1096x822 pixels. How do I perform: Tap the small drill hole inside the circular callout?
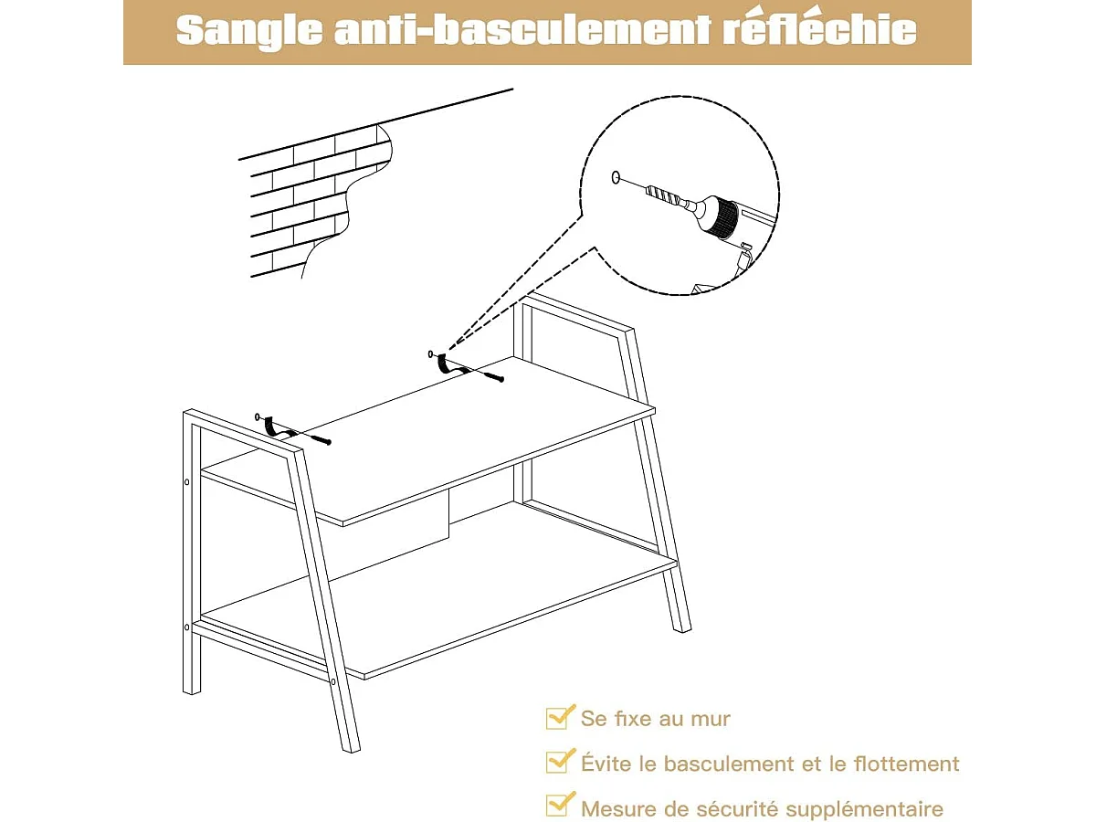tap(616, 177)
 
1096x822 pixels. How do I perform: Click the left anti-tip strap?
tap(270, 426)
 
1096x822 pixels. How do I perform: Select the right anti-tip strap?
tap(444, 364)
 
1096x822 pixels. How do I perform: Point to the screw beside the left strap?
tap(314, 439)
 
